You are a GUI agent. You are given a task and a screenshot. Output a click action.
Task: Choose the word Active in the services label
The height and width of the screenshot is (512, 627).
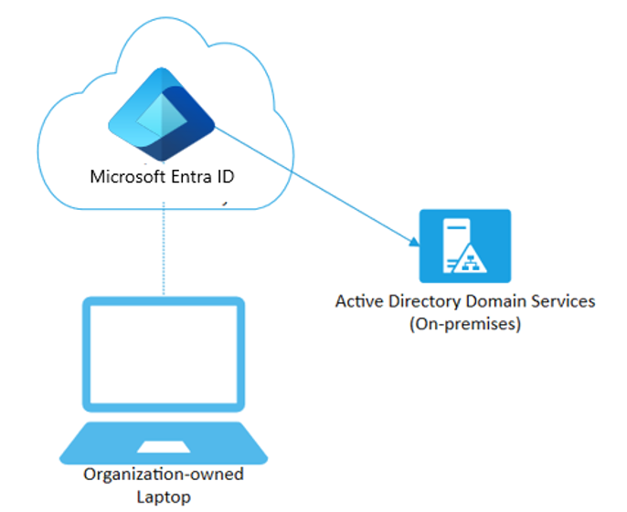pyautogui.click(x=357, y=301)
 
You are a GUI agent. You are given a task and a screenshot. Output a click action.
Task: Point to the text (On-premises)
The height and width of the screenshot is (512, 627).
pyautogui.click(x=465, y=323)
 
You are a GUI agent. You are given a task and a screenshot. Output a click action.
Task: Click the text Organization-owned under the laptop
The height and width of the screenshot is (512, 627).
pyautogui.click(x=164, y=475)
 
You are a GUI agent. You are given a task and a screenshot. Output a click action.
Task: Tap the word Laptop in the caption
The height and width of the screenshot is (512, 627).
pyautogui.click(x=164, y=496)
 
